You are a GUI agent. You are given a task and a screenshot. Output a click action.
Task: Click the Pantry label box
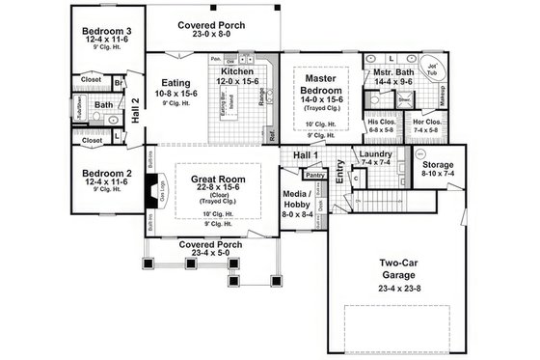click(314, 176)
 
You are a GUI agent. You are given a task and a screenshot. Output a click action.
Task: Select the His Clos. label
click(381, 123)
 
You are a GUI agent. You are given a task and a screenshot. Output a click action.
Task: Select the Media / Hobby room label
click(296, 196)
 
